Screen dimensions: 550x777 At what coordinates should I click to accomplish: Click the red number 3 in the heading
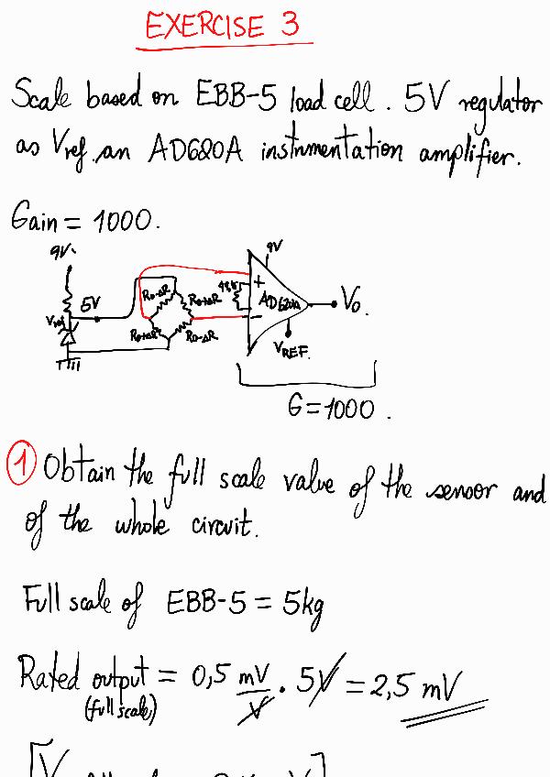tap(291, 25)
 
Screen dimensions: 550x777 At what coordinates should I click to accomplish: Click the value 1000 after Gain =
tap(126, 221)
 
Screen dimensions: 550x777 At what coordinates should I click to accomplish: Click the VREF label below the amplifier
tap(291, 350)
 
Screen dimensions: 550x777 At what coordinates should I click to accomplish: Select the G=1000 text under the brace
tap(331, 408)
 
